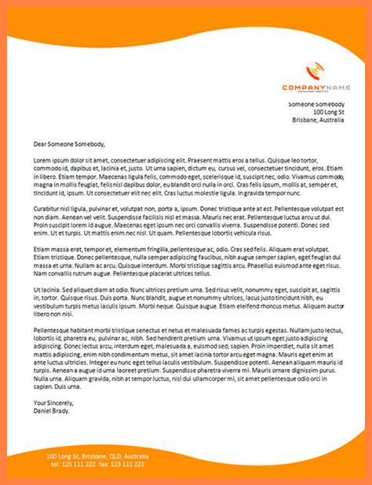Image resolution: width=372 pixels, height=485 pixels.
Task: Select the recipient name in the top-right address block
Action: click(315, 104)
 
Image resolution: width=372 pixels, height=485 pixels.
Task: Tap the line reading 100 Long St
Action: click(329, 112)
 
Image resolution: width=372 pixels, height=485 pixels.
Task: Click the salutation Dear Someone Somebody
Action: click(69, 144)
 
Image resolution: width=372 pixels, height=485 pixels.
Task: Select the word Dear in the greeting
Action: click(40, 144)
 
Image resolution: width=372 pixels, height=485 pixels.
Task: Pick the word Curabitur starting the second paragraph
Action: click(48, 209)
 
